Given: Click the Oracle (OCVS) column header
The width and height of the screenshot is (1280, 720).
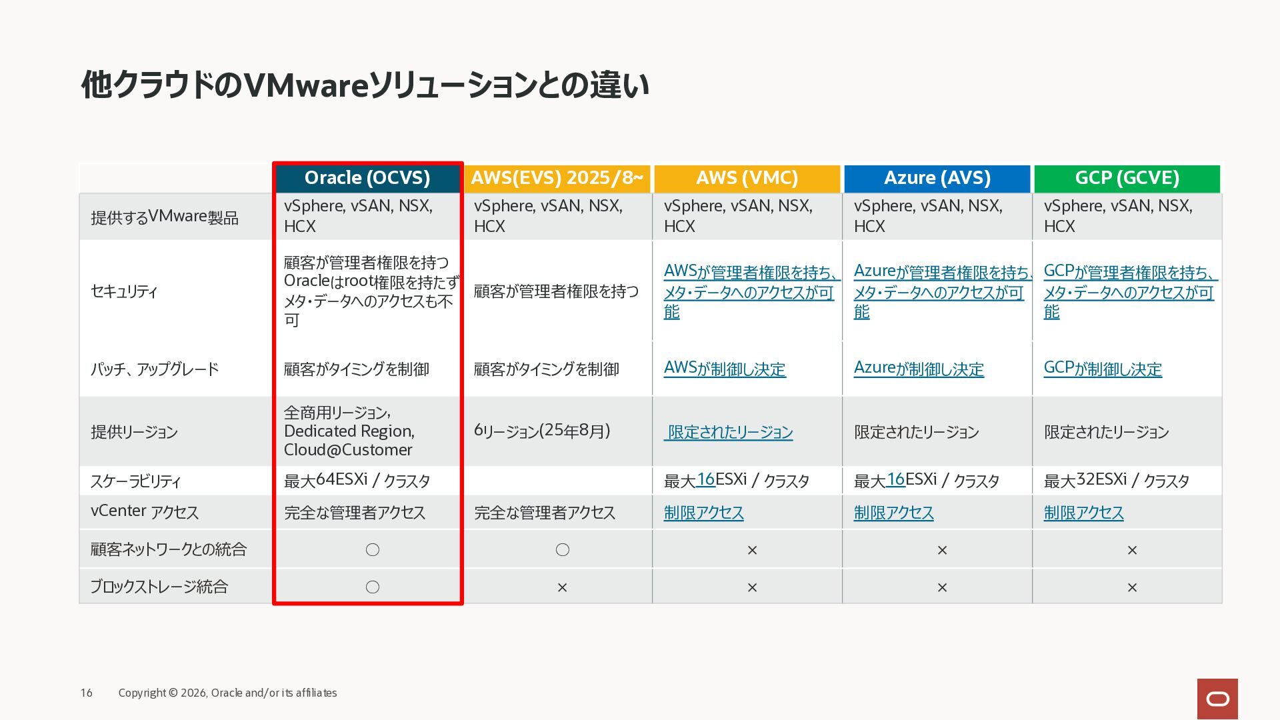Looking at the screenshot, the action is point(367,178).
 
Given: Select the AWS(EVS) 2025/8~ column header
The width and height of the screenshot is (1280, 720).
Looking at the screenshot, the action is point(557,178).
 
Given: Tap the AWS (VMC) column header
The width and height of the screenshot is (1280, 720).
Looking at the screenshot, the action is point(747,178).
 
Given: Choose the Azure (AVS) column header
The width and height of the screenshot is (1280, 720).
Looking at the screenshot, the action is point(937,178).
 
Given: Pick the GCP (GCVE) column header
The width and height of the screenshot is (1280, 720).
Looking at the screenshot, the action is point(1127,178).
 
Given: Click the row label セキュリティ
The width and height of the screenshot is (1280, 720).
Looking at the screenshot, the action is point(124,291).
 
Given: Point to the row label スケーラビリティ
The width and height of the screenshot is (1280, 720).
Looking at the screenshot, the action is point(135,481).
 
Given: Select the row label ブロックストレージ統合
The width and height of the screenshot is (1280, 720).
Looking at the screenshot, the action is point(159,587).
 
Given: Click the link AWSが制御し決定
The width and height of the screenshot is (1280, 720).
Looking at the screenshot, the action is point(725,369).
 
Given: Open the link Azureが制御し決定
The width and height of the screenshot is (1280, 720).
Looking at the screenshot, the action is point(919,369).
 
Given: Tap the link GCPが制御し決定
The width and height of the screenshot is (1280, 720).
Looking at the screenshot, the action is point(1103,369).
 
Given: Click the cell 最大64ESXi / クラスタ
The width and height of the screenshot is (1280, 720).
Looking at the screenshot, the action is point(357,480).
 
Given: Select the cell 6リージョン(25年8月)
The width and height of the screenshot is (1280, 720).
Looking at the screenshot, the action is point(542,431).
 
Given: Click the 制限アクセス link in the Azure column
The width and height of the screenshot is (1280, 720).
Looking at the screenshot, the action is point(893,513).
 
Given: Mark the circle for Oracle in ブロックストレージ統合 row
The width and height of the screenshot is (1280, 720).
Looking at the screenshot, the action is point(373,587).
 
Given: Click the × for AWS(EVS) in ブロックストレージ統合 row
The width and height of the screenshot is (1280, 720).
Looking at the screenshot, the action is point(562,587).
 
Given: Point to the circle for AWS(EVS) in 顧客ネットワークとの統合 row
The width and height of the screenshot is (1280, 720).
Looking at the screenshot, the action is point(563,549).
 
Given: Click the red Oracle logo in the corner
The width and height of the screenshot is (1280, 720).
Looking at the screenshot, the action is point(1217,699).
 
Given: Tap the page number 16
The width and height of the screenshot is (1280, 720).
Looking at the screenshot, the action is point(87,693).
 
